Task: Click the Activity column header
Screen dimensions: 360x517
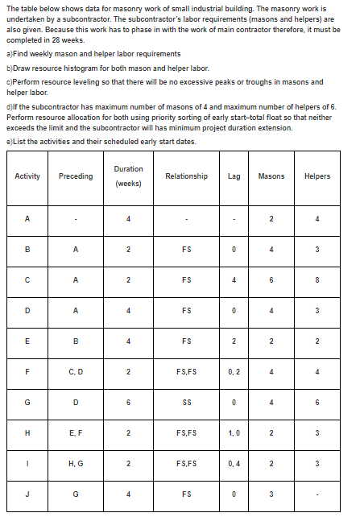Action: coord(27,176)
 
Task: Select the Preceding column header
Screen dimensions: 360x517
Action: coord(76,176)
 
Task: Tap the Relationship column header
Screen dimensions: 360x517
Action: coord(186,176)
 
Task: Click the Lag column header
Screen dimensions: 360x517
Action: coord(234,176)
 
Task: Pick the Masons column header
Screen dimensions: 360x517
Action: coord(272,176)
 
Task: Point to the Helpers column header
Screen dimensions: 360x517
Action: coord(317,176)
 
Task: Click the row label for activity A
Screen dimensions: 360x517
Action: coord(27,218)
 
